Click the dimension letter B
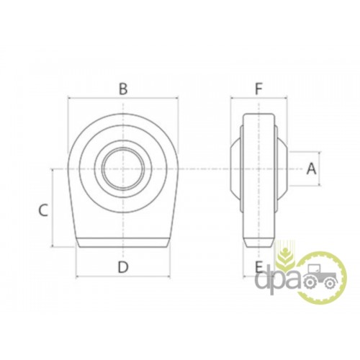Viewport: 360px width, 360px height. click(123, 89)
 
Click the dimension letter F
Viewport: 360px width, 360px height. click(258, 89)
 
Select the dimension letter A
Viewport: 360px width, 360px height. click(312, 168)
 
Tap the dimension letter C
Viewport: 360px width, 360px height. click(43, 210)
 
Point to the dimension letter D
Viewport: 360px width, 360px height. click(123, 267)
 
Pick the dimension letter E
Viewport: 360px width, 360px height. click(258, 267)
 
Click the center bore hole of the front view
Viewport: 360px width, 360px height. click(123, 168)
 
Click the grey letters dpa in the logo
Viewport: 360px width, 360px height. click(279, 282)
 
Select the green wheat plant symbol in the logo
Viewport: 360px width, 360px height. click(286, 255)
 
